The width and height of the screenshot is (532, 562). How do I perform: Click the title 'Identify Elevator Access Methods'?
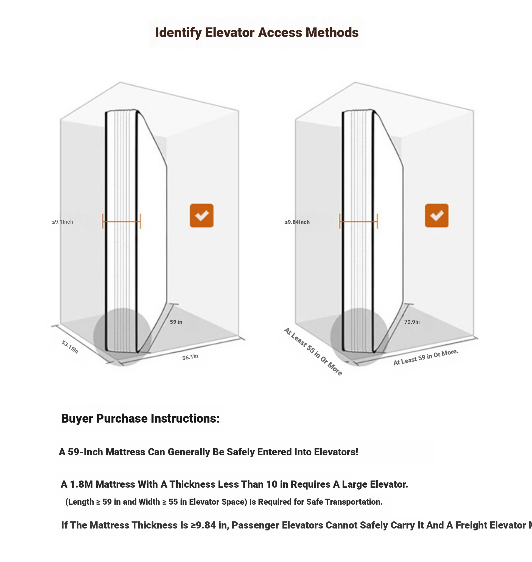(x=257, y=32)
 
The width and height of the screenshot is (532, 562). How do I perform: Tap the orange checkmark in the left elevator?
(x=201, y=215)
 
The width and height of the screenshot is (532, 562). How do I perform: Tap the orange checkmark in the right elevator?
(x=436, y=215)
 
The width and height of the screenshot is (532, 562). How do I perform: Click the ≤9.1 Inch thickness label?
(x=63, y=222)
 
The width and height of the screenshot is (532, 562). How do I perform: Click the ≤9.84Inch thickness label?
(x=297, y=222)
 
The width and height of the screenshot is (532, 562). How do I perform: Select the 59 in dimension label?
(x=176, y=322)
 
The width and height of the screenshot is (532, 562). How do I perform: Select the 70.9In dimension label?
(x=412, y=322)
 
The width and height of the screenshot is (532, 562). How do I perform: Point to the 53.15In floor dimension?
(x=70, y=347)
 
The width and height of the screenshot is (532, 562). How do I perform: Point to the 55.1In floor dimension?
(x=190, y=357)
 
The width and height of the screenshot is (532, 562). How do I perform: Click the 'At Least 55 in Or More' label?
(x=313, y=352)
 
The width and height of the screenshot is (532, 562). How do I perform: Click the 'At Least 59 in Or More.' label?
(x=426, y=357)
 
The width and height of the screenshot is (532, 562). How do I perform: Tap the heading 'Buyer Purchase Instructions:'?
(x=140, y=418)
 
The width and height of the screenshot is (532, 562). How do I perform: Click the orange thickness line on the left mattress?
(x=122, y=221)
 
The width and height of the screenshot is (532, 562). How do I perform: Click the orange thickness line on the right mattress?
(x=359, y=221)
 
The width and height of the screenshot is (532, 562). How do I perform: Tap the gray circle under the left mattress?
(x=122, y=337)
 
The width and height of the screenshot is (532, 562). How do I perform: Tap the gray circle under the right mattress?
(x=359, y=337)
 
